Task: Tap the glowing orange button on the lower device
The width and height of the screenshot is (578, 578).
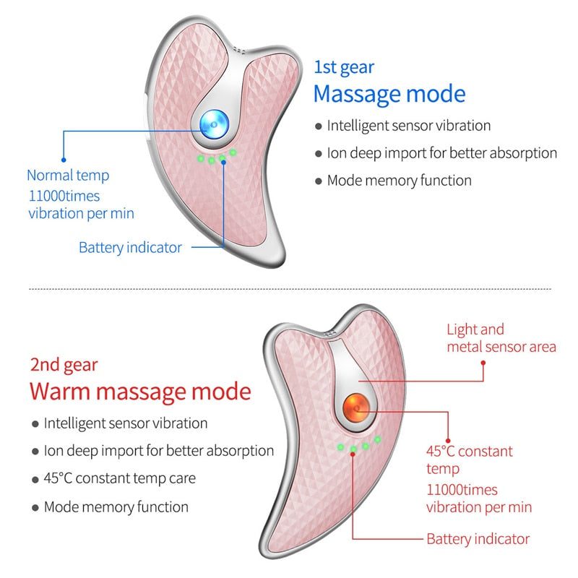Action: click(355, 406)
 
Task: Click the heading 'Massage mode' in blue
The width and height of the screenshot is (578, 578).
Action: click(389, 94)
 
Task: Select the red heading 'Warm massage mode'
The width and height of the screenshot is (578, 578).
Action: click(140, 392)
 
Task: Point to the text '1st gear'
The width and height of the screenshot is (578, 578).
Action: click(344, 67)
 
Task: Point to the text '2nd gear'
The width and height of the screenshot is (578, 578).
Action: click(64, 365)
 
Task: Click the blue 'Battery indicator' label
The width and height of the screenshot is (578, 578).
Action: click(130, 247)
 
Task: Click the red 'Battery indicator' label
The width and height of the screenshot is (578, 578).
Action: click(478, 539)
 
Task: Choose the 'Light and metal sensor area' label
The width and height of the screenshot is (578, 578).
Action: click(501, 338)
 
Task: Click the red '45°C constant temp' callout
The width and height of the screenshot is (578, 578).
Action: click(469, 460)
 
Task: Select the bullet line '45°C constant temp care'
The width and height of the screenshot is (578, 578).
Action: click(119, 478)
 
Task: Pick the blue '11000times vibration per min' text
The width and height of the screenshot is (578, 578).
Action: click(81, 204)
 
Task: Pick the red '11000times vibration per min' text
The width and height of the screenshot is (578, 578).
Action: click(478, 499)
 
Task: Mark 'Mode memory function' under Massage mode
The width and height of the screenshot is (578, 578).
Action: click(399, 180)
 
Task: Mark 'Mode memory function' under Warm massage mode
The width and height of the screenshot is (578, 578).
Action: click(116, 506)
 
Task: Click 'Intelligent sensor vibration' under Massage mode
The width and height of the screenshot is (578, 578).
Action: click(408, 125)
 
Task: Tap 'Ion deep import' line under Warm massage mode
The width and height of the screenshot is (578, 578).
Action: click(158, 451)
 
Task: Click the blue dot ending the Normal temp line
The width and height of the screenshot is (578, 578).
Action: click(63, 159)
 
